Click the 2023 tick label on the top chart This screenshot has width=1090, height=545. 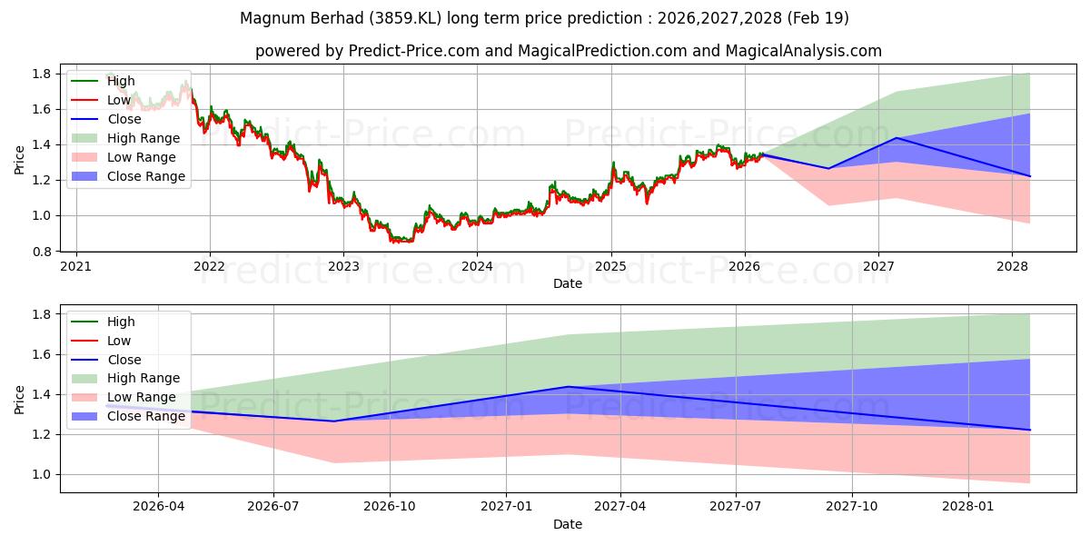[343, 266]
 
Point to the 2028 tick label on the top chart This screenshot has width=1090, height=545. [1013, 266]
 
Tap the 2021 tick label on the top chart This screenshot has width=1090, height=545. [76, 266]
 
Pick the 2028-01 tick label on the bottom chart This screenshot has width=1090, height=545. [969, 507]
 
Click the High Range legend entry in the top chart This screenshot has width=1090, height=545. [144, 138]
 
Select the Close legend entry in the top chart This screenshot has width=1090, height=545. [124, 119]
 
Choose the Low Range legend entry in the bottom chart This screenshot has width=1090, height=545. [142, 397]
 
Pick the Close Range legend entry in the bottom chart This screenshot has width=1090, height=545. [146, 416]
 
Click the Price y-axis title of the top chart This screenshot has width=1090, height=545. [20, 161]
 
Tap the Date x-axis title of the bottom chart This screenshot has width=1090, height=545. [568, 524]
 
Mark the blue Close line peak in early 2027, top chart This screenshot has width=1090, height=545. [897, 138]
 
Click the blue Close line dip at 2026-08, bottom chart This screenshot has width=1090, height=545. [333, 421]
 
